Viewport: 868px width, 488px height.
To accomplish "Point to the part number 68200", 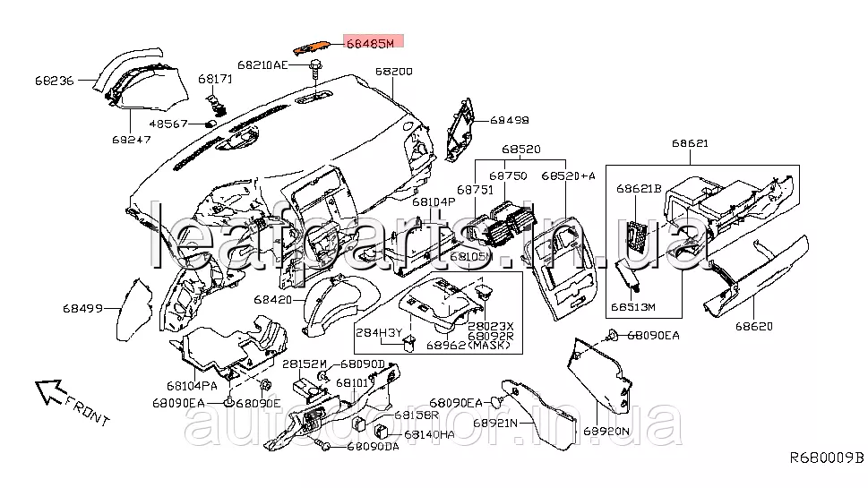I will pos(394,72).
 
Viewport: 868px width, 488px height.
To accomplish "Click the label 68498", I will pos(510,120).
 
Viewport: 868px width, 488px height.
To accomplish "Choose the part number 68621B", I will pos(638,189).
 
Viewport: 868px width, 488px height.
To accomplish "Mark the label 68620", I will pos(754,326).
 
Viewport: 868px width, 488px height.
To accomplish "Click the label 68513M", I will pos(634,306).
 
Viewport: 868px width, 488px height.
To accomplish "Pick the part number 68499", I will pos(83,307).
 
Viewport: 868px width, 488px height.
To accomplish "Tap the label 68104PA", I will pos(191,386).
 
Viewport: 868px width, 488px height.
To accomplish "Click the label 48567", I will pos(168,124).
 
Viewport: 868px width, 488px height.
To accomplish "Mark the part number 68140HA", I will pos(430,433).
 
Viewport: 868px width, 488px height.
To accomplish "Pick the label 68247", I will pos(131,140).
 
